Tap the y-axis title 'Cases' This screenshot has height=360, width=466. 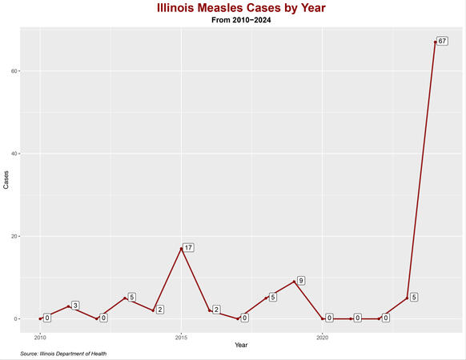click(6, 181)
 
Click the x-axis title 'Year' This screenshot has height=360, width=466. click(241, 344)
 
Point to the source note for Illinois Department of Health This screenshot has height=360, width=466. click(63, 354)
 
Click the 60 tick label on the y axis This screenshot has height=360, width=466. click(14, 71)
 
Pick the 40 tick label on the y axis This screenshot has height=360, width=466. click(14, 154)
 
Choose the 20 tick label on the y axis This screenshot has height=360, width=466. click(14, 236)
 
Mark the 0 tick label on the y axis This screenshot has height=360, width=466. click(16, 318)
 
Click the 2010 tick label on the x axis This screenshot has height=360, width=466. click(40, 337)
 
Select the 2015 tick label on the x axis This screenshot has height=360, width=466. click(181, 337)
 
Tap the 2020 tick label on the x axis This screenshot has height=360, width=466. click(323, 337)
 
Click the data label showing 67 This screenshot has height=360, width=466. click(442, 41)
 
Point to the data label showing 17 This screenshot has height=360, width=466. click(188, 247)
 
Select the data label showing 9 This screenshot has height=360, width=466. click(300, 281)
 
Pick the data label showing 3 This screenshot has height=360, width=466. click(74, 306)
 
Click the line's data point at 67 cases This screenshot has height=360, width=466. click(436, 42)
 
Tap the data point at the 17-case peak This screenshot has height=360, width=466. click(181, 249)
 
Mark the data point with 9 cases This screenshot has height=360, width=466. click(294, 282)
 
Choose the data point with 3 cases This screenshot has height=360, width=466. click(68, 306)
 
